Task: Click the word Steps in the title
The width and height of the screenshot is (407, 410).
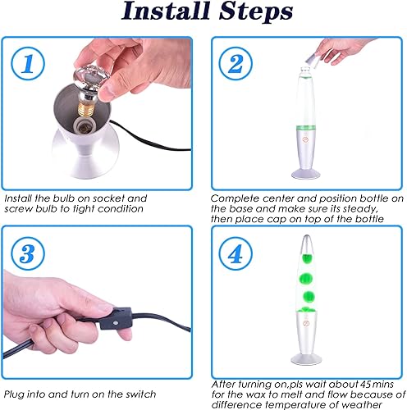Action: click(256, 11)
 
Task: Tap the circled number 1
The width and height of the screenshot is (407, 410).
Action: click(28, 64)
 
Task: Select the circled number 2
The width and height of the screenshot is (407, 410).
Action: click(236, 63)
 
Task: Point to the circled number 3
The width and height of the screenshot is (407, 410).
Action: click(28, 254)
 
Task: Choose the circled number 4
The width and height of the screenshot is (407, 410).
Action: click(236, 254)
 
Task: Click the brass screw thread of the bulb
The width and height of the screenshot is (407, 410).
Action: click(86, 108)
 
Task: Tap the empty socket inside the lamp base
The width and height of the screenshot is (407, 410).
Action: click(84, 126)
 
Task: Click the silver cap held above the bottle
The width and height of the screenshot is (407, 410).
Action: click(312, 61)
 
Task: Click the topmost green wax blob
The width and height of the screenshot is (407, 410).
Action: click(307, 258)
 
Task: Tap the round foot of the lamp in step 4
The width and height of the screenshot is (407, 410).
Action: click(306, 359)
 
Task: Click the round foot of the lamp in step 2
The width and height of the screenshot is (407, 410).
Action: click(306, 174)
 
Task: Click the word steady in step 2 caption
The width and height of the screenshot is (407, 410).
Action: click(360, 209)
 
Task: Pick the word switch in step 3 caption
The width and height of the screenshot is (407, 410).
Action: click(141, 394)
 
